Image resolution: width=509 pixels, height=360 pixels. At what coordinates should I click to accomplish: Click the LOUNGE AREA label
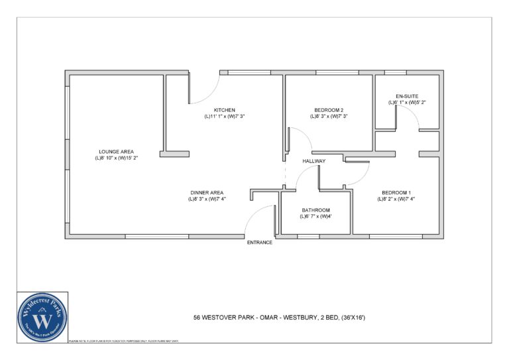[x=116, y=152]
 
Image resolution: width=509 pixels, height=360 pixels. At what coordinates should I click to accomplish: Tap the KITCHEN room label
[x=224, y=110]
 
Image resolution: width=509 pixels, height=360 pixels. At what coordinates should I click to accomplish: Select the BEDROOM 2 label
[x=328, y=110]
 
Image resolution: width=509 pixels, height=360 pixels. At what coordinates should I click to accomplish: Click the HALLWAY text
[x=313, y=161]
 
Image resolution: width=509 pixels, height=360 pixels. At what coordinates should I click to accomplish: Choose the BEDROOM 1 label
[x=395, y=192]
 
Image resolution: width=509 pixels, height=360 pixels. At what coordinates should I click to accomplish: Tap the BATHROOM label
[x=315, y=210]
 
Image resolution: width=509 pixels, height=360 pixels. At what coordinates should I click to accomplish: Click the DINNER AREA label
[x=207, y=192]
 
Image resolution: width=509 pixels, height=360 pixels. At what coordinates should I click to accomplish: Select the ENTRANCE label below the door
[x=260, y=243]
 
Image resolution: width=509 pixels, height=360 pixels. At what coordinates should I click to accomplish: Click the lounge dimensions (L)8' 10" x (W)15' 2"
[x=116, y=158]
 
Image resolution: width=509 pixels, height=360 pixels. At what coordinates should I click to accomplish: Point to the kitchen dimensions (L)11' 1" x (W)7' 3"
[x=224, y=117]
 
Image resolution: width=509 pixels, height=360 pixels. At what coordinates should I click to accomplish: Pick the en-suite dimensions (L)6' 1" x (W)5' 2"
[x=406, y=103]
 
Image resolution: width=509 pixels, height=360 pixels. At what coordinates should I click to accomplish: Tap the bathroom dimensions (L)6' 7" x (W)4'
[x=315, y=217]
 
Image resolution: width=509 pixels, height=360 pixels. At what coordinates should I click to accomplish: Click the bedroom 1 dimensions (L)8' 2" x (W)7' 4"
[x=396, y=199]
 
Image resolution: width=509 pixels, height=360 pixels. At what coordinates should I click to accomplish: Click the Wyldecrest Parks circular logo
[x=43, y=316]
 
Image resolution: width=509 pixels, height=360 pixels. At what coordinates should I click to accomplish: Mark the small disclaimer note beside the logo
[x=123, y=341]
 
